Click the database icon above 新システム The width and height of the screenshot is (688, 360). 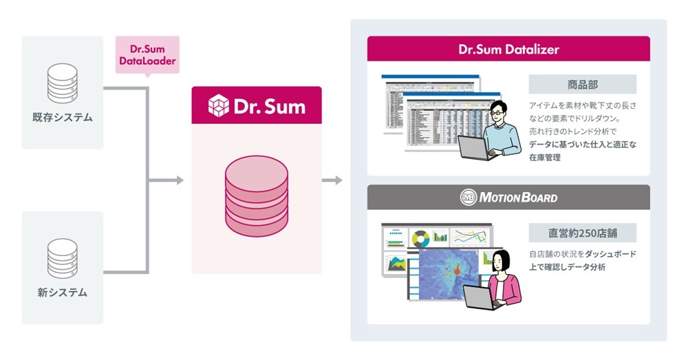(62, 257)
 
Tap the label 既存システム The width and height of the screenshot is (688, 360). (62, 118)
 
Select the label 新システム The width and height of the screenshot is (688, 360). (62, 293)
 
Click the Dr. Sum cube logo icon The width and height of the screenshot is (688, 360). (219, 106)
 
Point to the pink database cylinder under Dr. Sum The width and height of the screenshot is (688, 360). (256, 197)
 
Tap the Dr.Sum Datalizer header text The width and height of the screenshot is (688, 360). (508, 50)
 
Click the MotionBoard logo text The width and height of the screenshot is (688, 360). (508, 198)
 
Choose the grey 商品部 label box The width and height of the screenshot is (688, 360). (582, 85)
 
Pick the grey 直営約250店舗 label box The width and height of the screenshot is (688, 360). (582, 232)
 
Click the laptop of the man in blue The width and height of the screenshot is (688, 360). (475, 147)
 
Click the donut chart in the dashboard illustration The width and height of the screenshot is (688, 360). (420, 238)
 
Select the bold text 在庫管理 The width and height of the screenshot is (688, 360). (545, 158)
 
